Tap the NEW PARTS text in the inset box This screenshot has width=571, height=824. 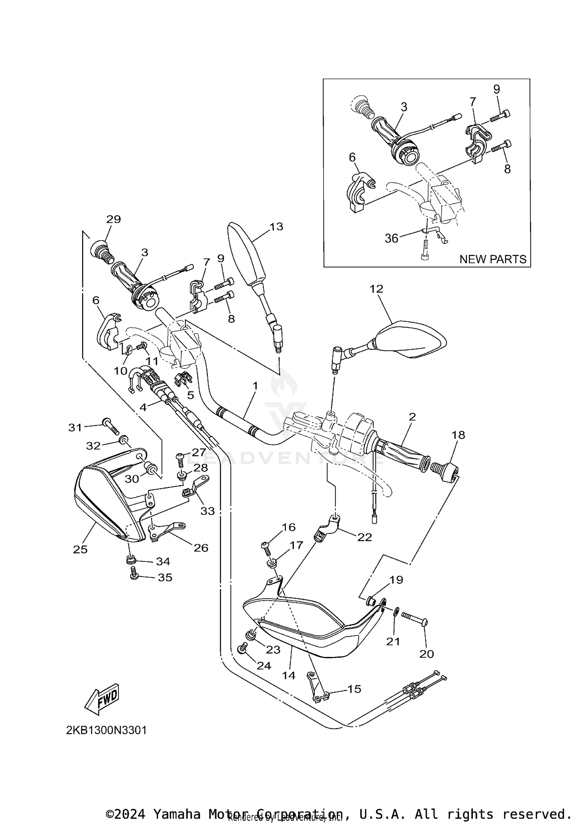[493, 259]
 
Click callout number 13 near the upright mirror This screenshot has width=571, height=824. [276, 226]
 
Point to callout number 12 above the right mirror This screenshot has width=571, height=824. [376, 289]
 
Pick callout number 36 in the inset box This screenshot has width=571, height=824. [391, 238]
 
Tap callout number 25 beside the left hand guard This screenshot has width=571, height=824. [80, 549]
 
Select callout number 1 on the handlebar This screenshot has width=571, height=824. [255, 386]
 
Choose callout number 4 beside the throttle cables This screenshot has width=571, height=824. [143, 407]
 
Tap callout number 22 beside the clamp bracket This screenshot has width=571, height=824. [364, 537]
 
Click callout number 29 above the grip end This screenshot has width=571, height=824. [113, 219]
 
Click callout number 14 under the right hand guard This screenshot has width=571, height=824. [289, 676]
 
